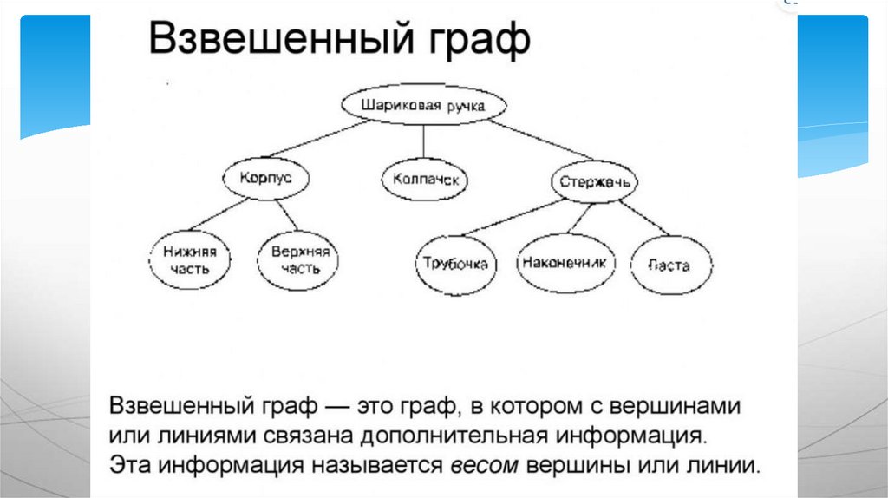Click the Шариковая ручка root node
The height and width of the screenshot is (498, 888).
421,106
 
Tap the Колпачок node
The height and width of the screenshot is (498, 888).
425,180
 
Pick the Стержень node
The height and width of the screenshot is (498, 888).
595,183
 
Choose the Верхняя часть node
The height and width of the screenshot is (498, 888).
300,259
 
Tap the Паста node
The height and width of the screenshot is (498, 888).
671,265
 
